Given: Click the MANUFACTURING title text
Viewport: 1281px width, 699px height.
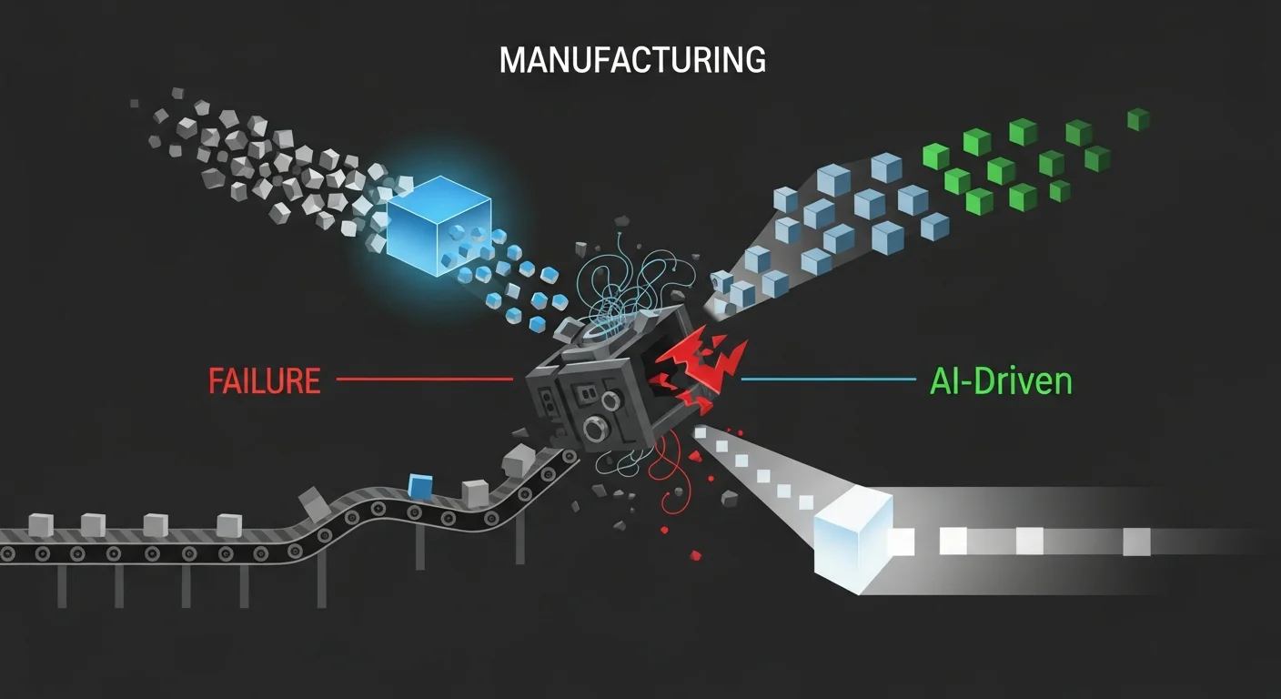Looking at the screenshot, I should [632, 60].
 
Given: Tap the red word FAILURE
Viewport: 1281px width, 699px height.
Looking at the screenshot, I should [265, 380].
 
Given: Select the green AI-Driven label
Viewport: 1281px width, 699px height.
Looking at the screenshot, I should [1001, 380].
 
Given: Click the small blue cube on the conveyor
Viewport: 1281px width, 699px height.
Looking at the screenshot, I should [419, 488].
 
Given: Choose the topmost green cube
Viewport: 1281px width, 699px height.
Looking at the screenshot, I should [1138, 119].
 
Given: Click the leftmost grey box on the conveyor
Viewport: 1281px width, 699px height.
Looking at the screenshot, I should [41, 524].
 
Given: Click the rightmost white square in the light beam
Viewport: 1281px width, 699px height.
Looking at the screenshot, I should [1136, 542].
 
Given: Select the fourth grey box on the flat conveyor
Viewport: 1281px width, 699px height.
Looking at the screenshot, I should [229, 525].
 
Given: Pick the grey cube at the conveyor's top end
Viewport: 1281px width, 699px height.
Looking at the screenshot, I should [519, 461].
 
